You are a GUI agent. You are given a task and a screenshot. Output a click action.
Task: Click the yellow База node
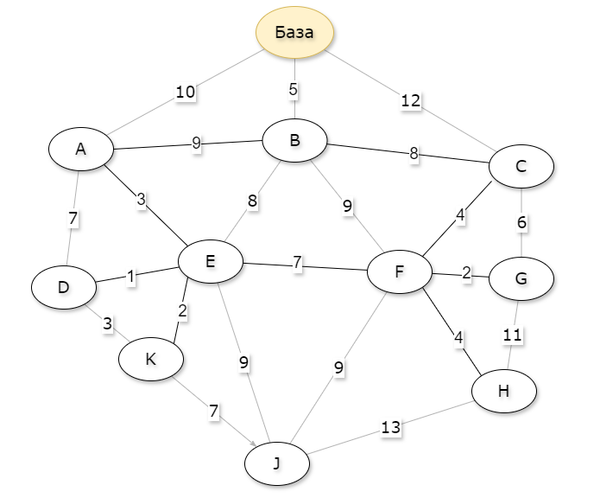[x=294, y=33]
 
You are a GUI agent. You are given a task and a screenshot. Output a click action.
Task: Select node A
[x=81, y=149]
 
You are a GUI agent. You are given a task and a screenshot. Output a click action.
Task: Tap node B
[x=294, y=140]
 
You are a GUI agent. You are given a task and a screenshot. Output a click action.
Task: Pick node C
[x=521, y=167]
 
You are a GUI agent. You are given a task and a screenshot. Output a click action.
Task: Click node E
[x=210, y=260]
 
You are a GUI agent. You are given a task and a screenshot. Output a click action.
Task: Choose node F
[x=399, y=271]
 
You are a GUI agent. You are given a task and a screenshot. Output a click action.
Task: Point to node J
[x=276, y=464]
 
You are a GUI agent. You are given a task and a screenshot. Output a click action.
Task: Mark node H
[x=504, y=391]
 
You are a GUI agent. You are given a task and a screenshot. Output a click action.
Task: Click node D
[x=63, y=286]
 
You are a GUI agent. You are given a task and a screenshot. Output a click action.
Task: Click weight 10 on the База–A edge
[x=185, y=93]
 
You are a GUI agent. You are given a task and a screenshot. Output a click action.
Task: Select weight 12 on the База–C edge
[x=411, y=101]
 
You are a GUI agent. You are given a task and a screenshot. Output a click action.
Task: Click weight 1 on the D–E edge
[x=131, y=277]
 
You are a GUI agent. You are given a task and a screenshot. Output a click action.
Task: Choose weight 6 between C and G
[x=521, y=222]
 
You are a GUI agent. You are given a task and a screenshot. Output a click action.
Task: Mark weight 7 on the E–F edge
[x=297, y=262]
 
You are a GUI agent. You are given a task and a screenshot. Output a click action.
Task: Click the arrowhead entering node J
[x=256, y=444]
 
